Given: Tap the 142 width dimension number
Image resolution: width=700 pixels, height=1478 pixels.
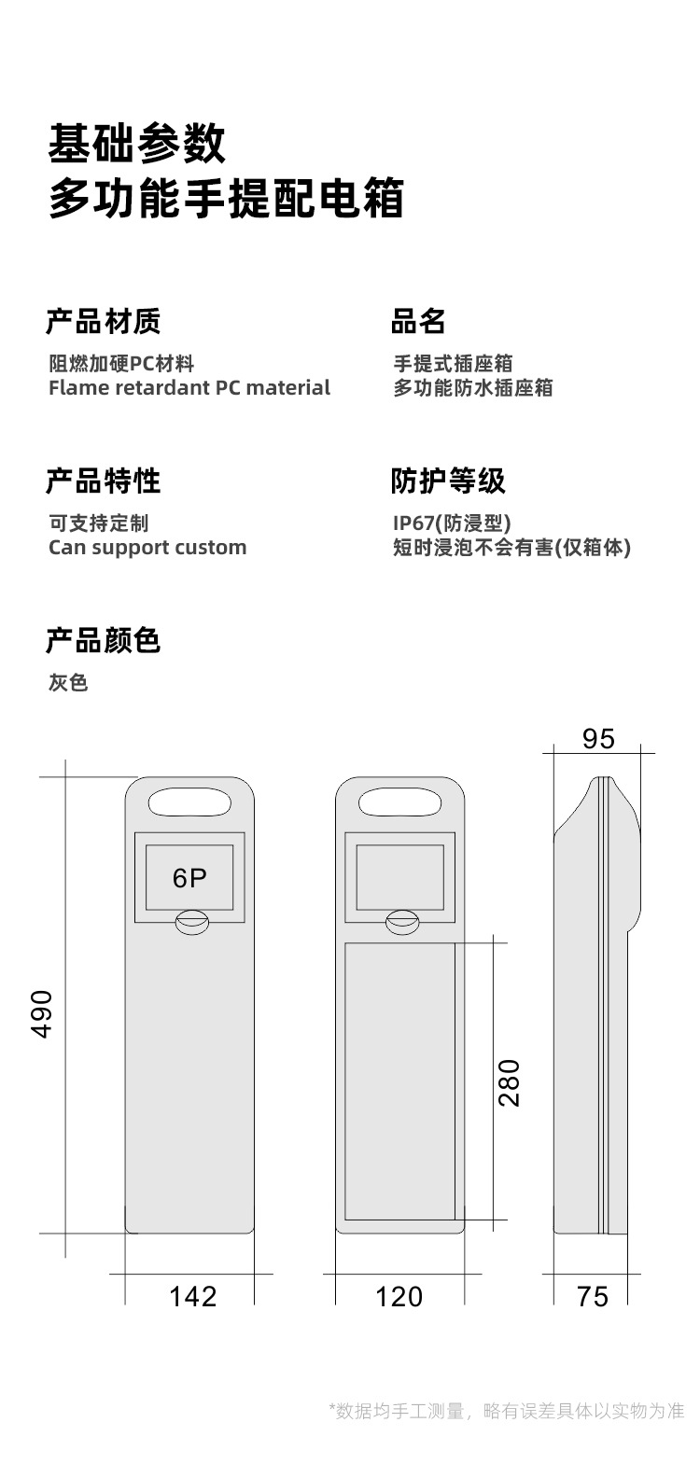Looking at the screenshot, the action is pos(192,1296).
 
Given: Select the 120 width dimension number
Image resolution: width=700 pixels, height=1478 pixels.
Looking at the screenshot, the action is pos(399,1296).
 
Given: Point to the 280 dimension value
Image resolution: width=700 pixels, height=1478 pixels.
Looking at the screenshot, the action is pos(510,1082).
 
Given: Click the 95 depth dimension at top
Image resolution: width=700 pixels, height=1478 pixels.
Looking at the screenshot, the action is pos(598,739).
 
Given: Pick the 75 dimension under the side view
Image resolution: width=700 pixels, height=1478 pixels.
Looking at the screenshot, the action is pos(593,1296).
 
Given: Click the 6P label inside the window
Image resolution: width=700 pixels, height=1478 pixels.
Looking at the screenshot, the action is pos(189,878).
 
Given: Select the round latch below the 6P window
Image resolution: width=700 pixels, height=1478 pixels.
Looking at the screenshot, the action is pos(192,922).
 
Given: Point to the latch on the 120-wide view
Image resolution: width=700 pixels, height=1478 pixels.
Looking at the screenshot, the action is pos(402,922).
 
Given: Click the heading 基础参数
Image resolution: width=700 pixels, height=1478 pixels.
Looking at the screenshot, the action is pos(137,145).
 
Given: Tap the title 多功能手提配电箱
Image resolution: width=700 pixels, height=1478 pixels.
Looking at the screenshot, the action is pos(226,200).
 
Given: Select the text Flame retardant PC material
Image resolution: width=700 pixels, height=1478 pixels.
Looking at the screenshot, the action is pos(189,387).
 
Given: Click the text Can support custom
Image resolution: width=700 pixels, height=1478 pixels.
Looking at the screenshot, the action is pos(147,547).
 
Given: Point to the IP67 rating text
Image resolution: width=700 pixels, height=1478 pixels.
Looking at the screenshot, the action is pos(452,523).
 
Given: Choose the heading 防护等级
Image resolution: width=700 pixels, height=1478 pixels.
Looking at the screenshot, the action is pos(448,481).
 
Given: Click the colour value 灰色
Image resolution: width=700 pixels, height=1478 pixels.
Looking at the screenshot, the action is pos(68,683).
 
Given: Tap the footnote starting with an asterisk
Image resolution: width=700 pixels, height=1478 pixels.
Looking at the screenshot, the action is pos(507,1410).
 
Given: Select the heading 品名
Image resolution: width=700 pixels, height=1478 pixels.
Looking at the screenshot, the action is pos(418,322).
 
